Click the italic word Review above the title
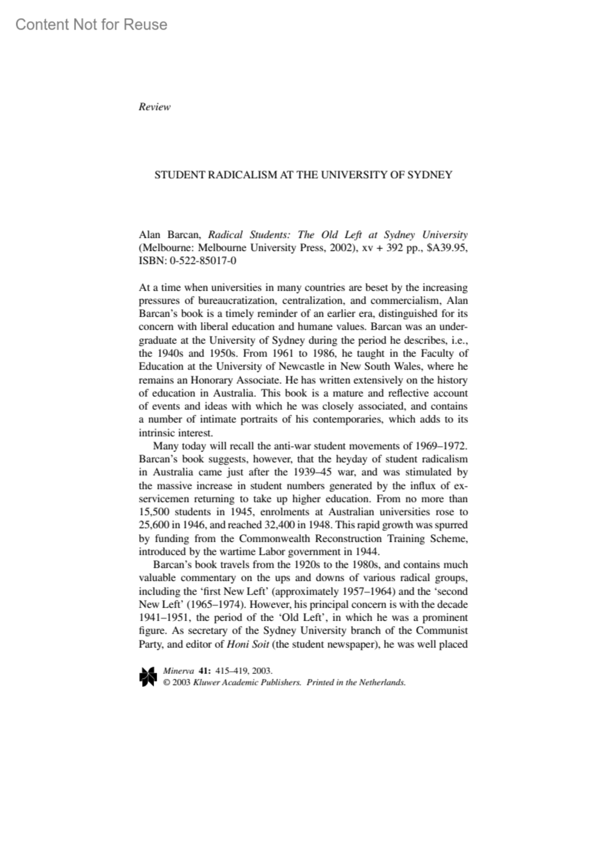(154, 107)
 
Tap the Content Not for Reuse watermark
(91, 24)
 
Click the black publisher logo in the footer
(148, 677)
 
